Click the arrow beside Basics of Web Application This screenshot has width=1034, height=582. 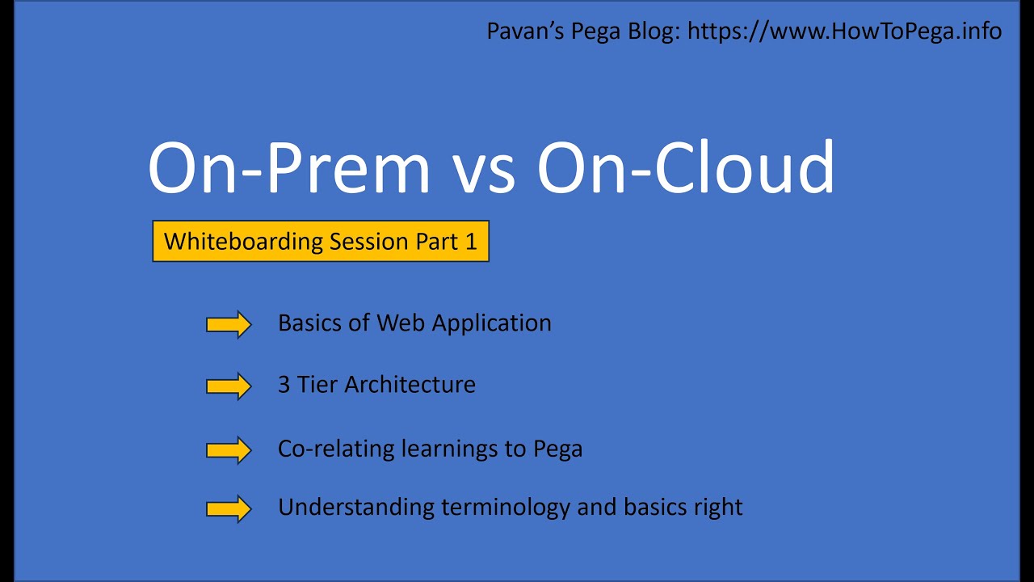pyautogui.click(x=229, y=324)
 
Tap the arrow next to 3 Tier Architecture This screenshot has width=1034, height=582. pyautogui.click(x=229, y=386)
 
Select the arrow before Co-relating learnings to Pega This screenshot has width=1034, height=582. pyautogui.click(x=229, y=449)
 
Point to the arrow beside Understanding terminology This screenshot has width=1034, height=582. pyautogui.click(x=229, y=508)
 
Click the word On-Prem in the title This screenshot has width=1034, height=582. pyautogui.click(x=288, y=168)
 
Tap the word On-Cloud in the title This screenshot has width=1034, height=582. pyautogui.click(x=686, y=168)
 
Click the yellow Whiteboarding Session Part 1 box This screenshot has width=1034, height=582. pyautogui.click(x=321, y=241)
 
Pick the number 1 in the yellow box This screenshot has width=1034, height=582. pyautogui.click(x=471, y=241)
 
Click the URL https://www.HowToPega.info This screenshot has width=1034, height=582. pyautogui.click(x=844, y=32)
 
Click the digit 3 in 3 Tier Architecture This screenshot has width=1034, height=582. pyautogui.click(x=284, y=385)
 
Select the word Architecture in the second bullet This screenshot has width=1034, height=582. pyautogui.click(x=410, y=385)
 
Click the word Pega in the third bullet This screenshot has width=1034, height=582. pyautogui.click(x=557, y=449)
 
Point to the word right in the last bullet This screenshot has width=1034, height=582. pyautogui.click(x=717, y=508)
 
